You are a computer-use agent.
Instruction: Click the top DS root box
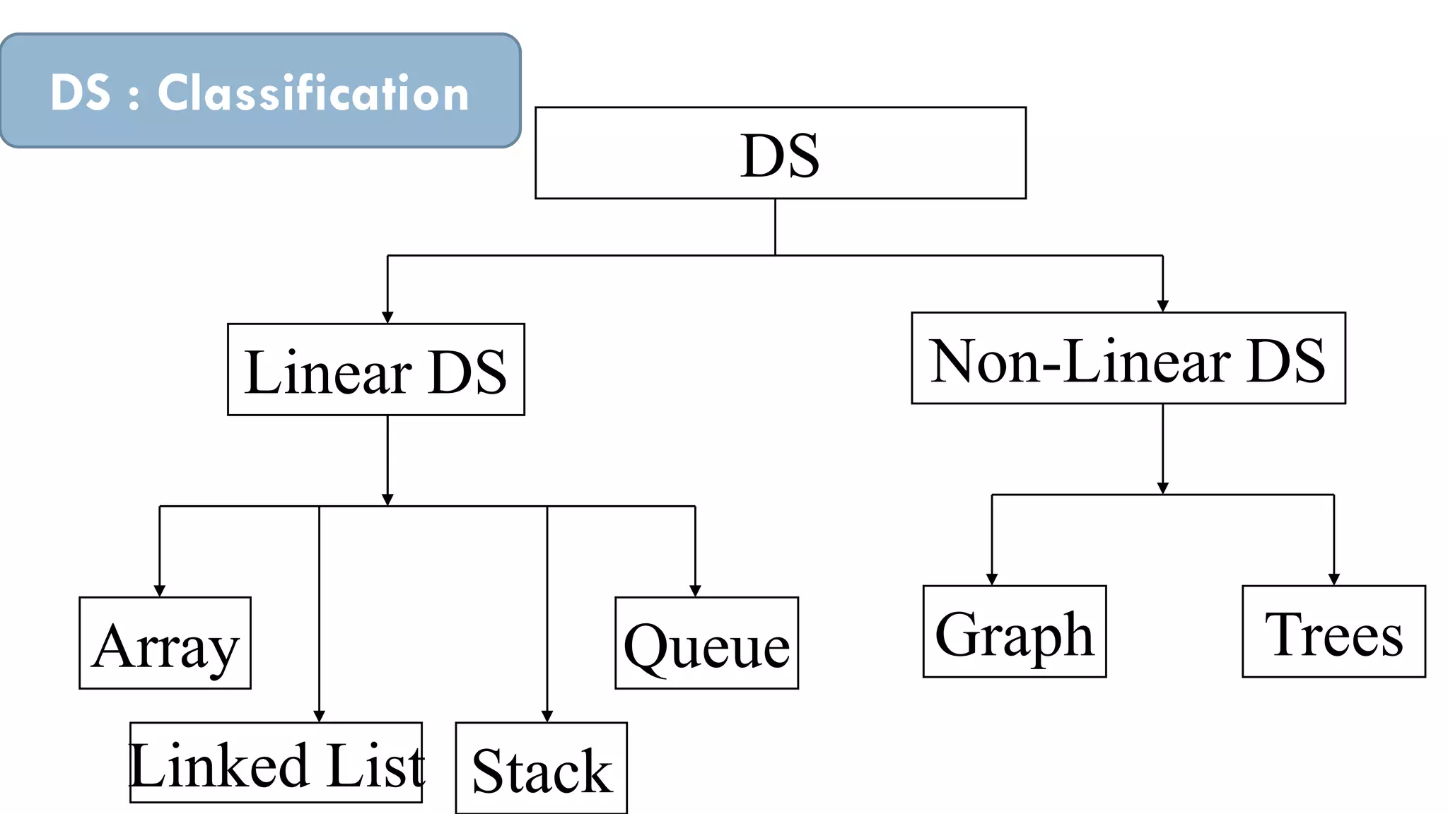pos(781,153)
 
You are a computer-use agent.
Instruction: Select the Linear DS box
pos(375,370)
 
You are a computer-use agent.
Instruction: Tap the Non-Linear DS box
pos(1128,358)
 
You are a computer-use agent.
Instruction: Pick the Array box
pos(165,643)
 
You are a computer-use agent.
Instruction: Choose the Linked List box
pos(276,763)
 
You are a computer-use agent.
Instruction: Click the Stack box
pos(541,769)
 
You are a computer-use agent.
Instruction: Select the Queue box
pos(706,643)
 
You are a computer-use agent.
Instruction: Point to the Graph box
pos(1014,632)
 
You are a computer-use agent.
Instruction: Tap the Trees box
pos(1333,632)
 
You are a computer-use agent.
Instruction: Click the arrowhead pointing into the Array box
pos(160,591)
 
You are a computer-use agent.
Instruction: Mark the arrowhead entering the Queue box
pos(695,591)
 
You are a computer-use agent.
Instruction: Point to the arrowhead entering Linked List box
pos(319,716)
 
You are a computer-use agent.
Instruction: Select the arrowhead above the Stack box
pos(547,716)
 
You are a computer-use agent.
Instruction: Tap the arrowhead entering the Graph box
pos(992,579)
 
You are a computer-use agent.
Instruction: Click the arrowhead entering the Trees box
pos(1334,579)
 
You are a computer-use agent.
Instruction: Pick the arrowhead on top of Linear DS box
pos(387,317)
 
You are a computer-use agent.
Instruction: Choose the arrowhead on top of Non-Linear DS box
pos(1163,306)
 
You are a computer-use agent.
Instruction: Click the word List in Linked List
pos(375,766)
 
